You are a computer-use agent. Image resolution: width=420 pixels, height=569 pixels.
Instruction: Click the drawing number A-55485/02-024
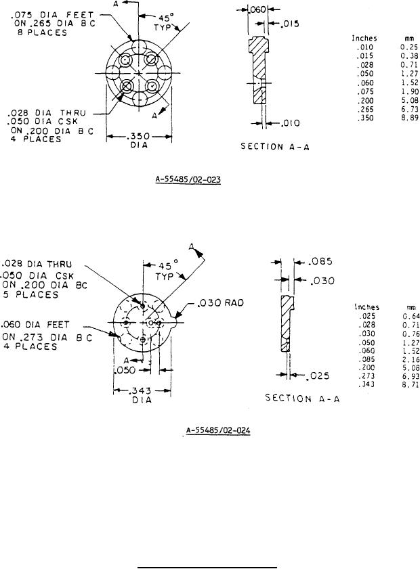(217, 430)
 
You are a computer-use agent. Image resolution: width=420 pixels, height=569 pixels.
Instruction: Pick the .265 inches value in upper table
(365, 108)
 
